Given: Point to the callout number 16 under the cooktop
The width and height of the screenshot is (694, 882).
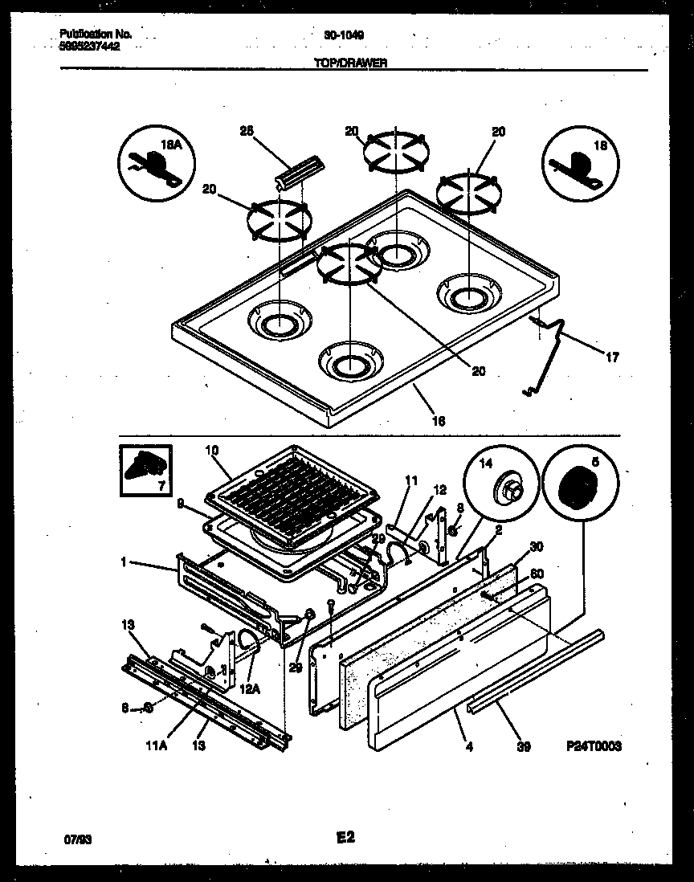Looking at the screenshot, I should point(439,420).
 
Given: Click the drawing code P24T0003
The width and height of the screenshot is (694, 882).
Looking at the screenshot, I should point(594,746).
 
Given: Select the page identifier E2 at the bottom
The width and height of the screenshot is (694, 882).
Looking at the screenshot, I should point(345,838).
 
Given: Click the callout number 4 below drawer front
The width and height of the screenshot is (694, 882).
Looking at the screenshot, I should point(469,746).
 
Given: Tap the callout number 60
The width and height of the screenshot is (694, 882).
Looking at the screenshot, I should point(537,574).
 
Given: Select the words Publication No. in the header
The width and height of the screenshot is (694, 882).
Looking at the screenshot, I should point(96,35).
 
